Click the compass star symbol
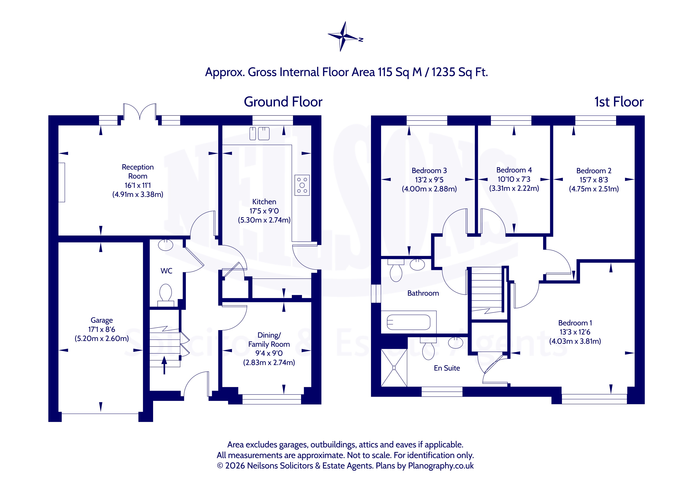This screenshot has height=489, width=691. click(343, 37)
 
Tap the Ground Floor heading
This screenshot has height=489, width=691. click(283, 102)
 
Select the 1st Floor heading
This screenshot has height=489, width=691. click(619, 102)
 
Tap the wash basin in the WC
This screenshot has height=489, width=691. click(166, 245)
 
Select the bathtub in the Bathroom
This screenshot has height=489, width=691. click(408, 322)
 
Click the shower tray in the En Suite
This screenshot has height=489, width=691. click(394, 368)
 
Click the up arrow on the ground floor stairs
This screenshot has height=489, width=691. click(164, 365)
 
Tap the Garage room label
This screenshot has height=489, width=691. click(102, 320)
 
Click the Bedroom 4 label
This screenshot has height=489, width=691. click(514, 170)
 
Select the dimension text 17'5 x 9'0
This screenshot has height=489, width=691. click(264, 211)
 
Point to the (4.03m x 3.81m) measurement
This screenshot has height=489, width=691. click(575, 341)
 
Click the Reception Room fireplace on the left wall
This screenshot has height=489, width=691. click(62, 183)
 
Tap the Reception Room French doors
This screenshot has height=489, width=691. click(140, 112)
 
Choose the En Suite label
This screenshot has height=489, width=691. click(447, 368)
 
